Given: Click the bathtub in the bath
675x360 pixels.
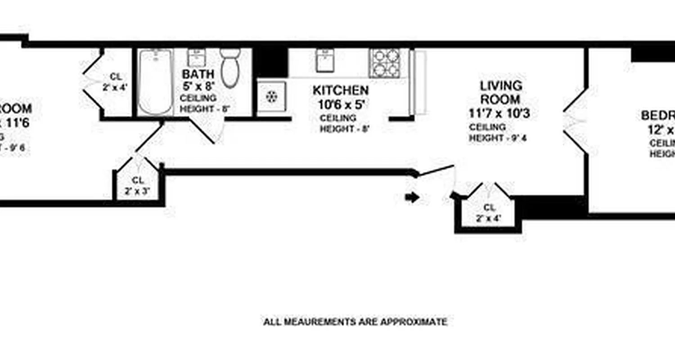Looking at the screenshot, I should [155, 82].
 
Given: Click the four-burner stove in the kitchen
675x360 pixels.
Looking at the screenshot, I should [385, 63].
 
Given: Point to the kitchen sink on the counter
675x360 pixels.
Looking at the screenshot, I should [324, 60].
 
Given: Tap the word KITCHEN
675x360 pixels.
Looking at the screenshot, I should [341, 90].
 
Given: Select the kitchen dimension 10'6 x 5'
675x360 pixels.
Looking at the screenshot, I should [341, 105].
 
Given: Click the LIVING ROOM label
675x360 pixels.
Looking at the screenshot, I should [500, 92].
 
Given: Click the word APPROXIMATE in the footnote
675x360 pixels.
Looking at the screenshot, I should [414, 322].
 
